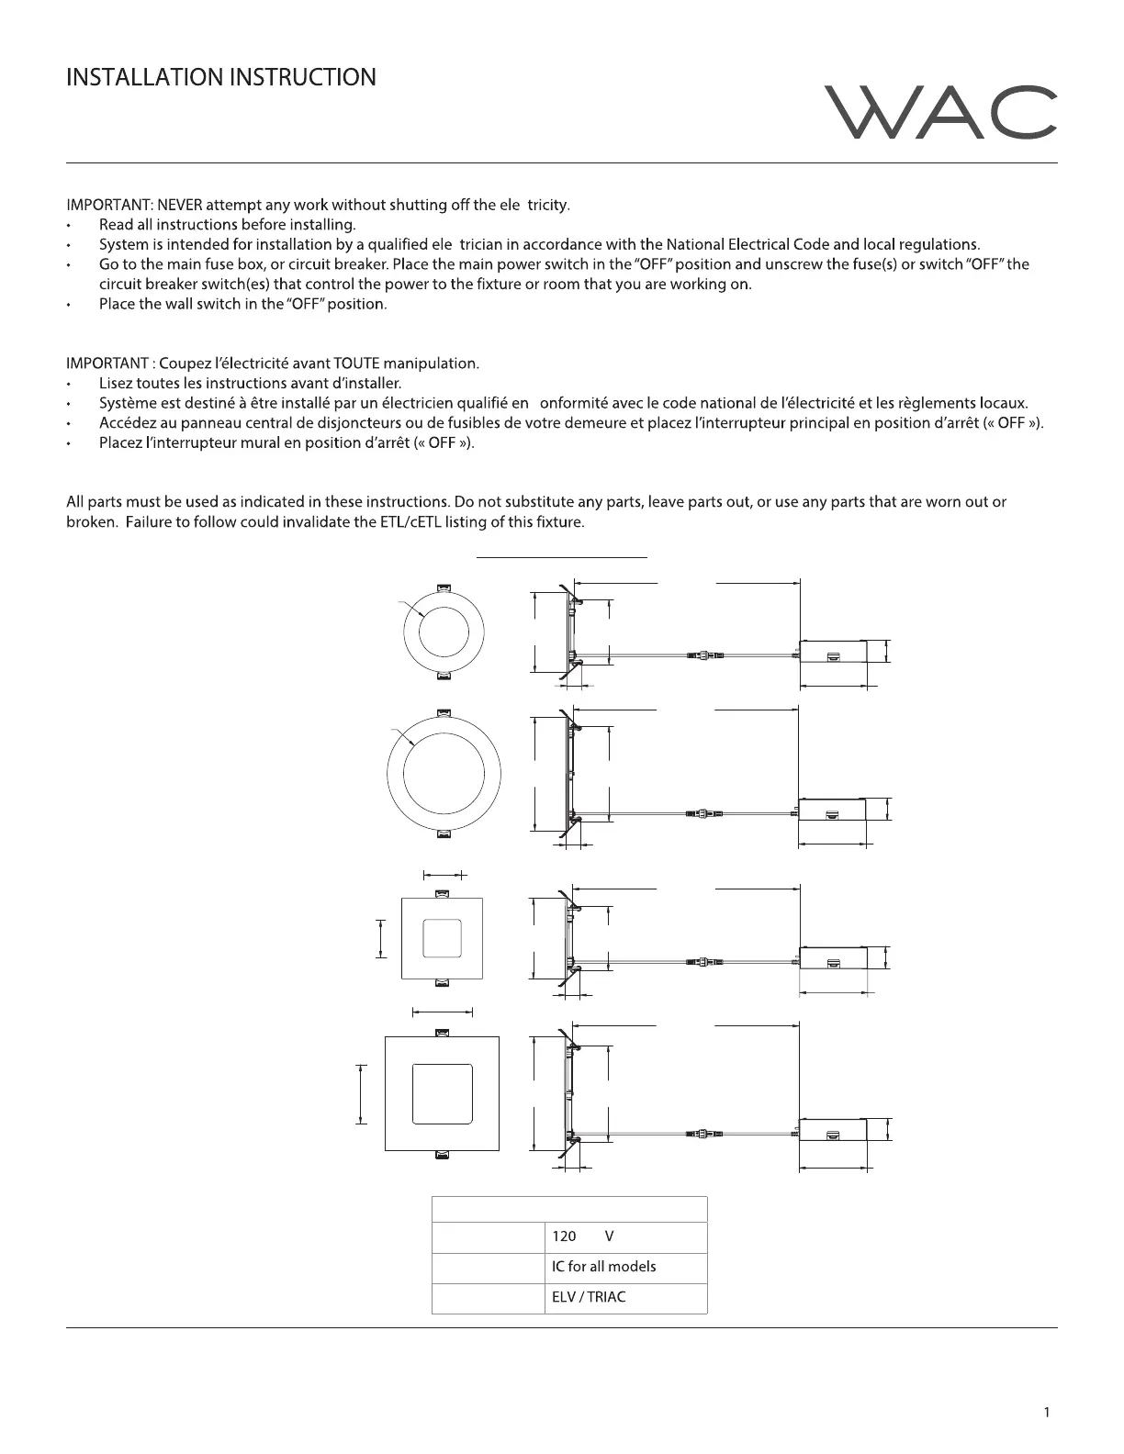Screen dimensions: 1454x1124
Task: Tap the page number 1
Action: click(x=1046, y=1411)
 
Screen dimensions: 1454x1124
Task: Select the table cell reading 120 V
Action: click(x=624, y=1236)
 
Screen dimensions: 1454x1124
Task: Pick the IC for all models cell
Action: click(x=624, y=1267)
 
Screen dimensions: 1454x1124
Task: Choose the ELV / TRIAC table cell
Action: click(x=624, y=1297)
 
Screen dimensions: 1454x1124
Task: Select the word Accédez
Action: click(x=129, y=423)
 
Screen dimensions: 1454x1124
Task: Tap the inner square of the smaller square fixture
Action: click(x=443, y=937)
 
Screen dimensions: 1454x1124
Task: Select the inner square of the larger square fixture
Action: click(x=443, y=1093)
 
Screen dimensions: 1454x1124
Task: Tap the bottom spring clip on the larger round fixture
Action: click(x=444, y=833)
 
